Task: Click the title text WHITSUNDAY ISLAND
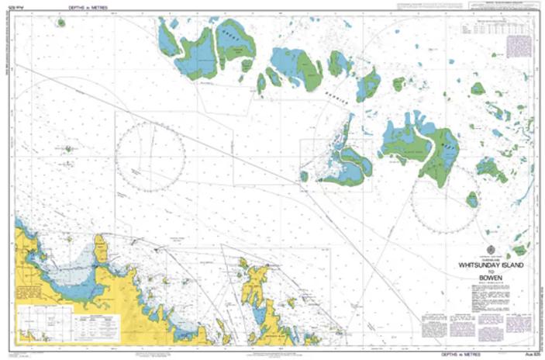491,265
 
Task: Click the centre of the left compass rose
150,157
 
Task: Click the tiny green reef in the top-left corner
60,22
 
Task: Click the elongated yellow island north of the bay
101,248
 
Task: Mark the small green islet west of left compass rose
91,148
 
